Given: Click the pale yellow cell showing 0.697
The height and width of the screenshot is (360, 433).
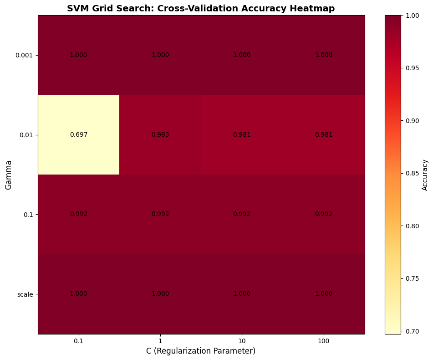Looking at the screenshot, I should coord(78,135).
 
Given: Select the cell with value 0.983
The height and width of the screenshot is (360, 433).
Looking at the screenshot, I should coord(160,135).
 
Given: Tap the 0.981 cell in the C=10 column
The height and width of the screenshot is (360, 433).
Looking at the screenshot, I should coord(242,135).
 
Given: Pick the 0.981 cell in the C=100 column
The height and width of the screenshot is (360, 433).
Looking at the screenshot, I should coord(324,135).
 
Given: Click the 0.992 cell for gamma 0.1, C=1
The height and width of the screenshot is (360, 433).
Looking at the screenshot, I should coord(160,214).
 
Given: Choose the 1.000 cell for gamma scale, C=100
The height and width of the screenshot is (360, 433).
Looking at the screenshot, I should coord(324,294).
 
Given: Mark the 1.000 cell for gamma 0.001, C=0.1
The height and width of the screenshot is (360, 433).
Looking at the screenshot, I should coord(78,55).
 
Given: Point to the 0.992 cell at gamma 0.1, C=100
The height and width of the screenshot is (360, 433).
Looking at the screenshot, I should coord(324,214).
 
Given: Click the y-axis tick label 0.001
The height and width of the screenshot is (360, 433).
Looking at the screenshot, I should coord(24,55).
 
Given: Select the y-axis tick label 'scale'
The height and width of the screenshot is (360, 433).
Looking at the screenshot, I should coord(25,294).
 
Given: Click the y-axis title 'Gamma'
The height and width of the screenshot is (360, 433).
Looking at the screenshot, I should coord(8,175).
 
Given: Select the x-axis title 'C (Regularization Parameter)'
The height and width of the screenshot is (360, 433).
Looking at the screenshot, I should coord(201,351).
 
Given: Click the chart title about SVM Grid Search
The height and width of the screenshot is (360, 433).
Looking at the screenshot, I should coord(201,8).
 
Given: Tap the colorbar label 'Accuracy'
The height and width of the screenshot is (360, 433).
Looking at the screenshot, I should coord(425,175).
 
